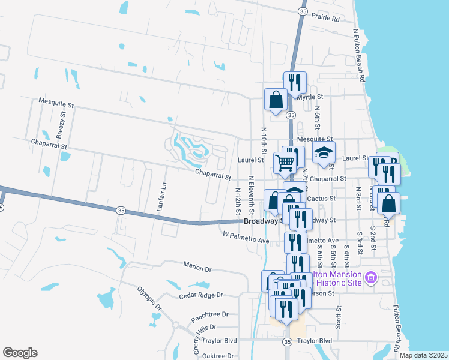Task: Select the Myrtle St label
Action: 312,97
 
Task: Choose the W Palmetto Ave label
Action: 246,237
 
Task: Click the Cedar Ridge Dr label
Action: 201,295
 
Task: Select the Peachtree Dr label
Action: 209,314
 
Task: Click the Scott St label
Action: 339,317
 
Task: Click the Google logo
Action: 20,353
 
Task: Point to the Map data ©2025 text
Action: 424,355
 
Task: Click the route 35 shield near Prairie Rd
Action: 302,11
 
